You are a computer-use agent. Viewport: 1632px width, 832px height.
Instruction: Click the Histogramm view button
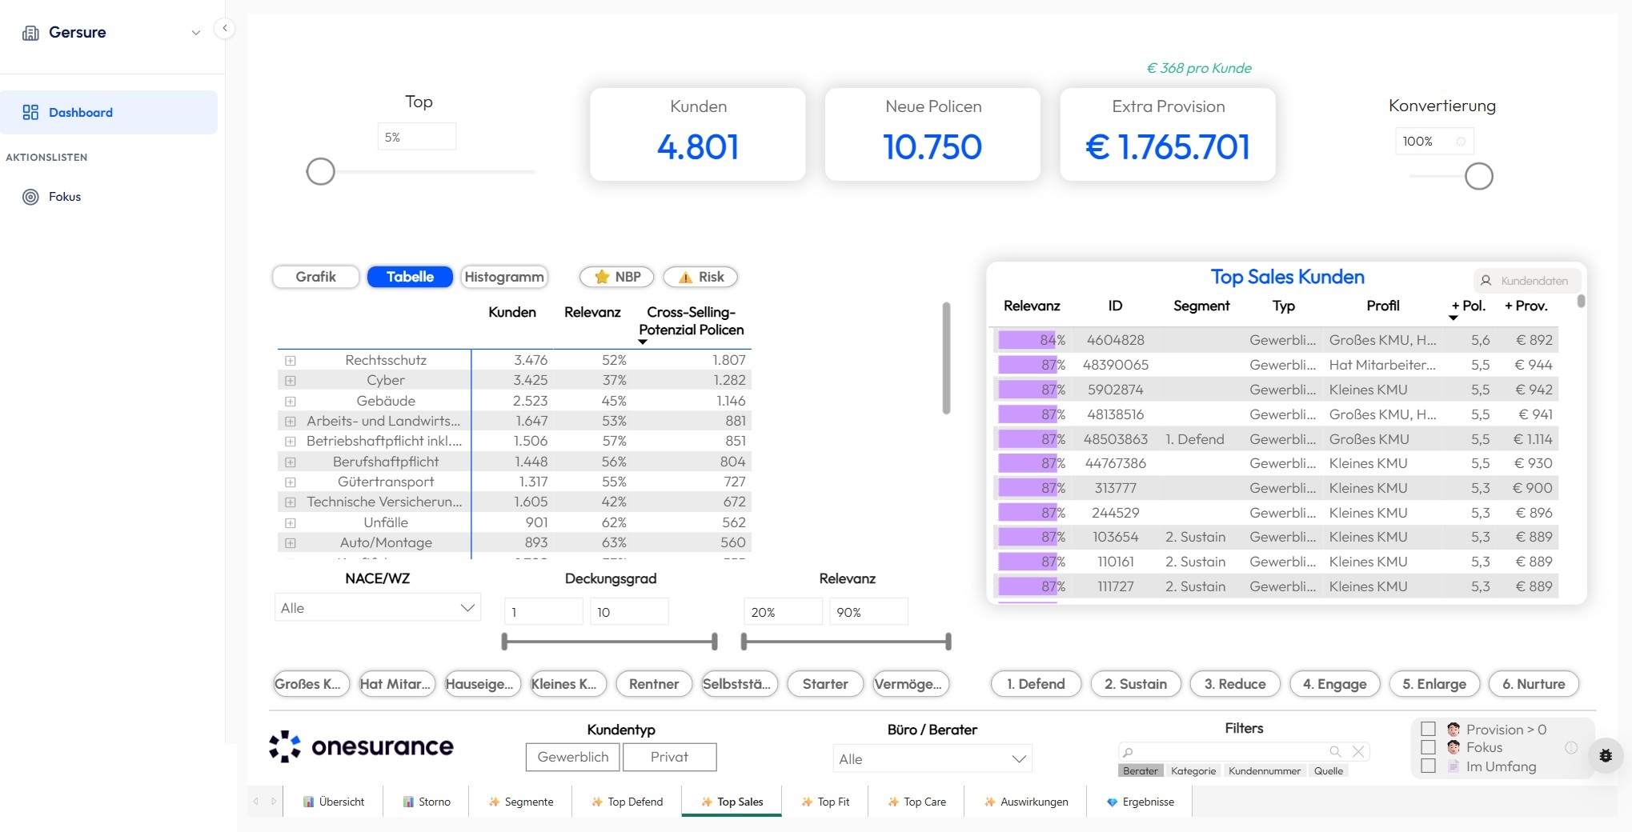(504, 277)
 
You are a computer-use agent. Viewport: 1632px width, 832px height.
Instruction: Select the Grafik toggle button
(315, 277)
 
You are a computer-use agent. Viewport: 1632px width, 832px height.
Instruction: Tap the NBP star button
(616, 277)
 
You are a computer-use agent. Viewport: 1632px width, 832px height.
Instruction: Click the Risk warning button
(700, 277)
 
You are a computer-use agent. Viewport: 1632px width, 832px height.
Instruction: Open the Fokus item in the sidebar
(64, 197)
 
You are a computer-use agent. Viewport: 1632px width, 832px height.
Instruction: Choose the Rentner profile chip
(653, 684)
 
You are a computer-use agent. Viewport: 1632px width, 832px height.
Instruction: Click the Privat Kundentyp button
(669, 757)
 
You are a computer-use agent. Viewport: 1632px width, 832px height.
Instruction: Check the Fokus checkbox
(1428, 747)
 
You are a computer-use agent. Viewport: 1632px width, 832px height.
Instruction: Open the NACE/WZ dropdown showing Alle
(377, 608)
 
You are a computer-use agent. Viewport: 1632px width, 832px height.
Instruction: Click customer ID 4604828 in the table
(1115, 340)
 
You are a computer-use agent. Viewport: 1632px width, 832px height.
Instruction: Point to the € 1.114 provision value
(1532, 439)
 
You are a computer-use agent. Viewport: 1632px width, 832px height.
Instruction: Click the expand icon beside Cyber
(291, 381)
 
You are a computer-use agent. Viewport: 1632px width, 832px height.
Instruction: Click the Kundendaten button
(1526, 281)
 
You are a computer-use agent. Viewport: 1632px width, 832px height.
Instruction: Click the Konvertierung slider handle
(1478, 176)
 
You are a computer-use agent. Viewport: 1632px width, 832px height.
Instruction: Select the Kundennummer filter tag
(1264, 771)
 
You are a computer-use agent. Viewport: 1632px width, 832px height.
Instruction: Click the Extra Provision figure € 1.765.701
(1167, 147)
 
